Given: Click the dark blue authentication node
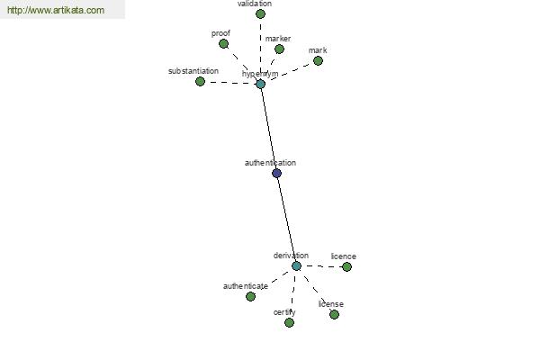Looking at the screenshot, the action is click(276, 173).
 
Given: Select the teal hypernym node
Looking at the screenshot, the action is click(261, 84).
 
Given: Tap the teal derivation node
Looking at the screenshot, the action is click(296, 266).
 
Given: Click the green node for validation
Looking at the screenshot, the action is click(260, 14).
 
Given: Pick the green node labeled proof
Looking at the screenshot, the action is click(223, 44).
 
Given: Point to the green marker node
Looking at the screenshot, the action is click(279, 49).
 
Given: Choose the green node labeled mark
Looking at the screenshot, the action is click(318, 61).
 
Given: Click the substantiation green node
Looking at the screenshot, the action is click(200, 82).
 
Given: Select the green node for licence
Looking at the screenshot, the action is click(346, 267).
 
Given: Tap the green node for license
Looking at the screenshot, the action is click(334, 314).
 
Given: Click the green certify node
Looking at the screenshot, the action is click(289, 323).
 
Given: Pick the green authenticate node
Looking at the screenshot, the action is click(251, 296).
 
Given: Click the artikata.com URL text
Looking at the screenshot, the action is click(56, 10).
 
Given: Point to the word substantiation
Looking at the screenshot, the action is click(193, 71).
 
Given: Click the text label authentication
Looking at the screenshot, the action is click(270, 163).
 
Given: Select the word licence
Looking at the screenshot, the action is click(344, 256).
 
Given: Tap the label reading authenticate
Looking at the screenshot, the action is click(246, 286).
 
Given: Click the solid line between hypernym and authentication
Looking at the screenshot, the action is click(268, 129).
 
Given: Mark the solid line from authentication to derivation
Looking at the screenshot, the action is click(286, 220).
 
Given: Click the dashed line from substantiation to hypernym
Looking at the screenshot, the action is click(230, 83).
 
